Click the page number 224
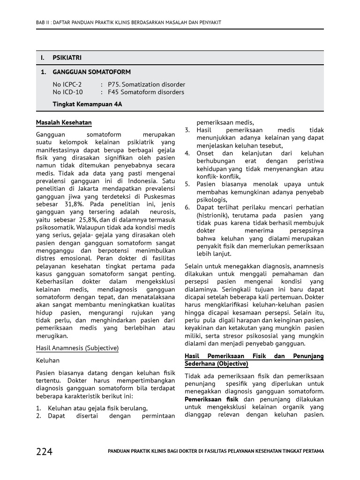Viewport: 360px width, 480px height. click(45, 451)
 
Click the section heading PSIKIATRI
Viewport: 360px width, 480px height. click(67, 58)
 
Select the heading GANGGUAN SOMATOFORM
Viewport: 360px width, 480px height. click(91, 72)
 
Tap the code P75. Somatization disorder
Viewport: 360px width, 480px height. click(146, 84)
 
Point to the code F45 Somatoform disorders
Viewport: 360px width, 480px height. click(146, 92)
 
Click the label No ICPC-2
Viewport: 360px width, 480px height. click(67, 84)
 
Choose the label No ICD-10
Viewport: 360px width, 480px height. click(67, 92)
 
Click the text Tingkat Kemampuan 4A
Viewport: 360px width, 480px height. click(87, 104)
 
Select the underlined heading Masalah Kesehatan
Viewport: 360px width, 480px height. click(64, 123)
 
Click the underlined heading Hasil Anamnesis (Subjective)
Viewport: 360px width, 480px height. click(77, 348)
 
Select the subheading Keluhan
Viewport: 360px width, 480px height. click(48, 360)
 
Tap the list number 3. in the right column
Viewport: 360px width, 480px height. click(187, 130)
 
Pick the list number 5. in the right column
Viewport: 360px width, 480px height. click(187, 184)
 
